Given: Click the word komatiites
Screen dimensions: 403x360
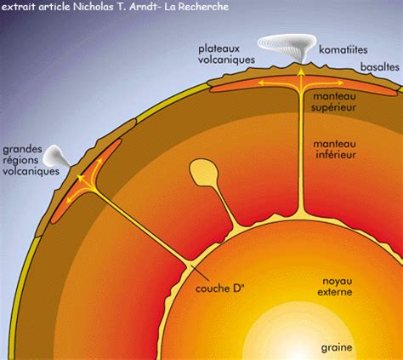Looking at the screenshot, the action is point(343,50).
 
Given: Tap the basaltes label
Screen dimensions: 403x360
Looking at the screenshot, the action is point(380,67).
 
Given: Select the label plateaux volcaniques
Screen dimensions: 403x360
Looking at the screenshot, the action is point(226,54).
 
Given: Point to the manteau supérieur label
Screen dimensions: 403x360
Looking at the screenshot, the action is point(334,102).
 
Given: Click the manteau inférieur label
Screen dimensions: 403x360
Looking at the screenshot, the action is point(334,149).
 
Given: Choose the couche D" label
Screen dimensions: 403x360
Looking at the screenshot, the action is point(219,289).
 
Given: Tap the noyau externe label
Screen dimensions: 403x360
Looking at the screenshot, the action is point(335,287).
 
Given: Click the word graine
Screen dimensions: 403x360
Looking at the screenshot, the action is point(337,347).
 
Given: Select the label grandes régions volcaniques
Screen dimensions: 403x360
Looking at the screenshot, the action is point(31,160).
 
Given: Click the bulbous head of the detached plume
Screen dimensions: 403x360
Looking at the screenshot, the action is point(203,171).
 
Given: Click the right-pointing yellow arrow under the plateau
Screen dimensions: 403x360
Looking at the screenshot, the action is point(325,83).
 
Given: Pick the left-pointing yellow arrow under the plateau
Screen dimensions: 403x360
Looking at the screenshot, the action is point(278,83).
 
